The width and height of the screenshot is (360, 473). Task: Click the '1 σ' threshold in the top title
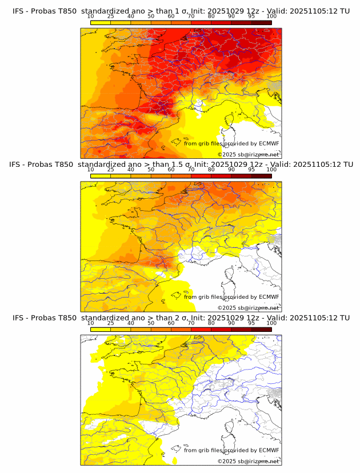(x=178, y=10)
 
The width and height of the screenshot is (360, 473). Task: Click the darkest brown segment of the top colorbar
(x=262, y=23)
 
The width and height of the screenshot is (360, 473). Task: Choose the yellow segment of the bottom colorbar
(x=101, y=330)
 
